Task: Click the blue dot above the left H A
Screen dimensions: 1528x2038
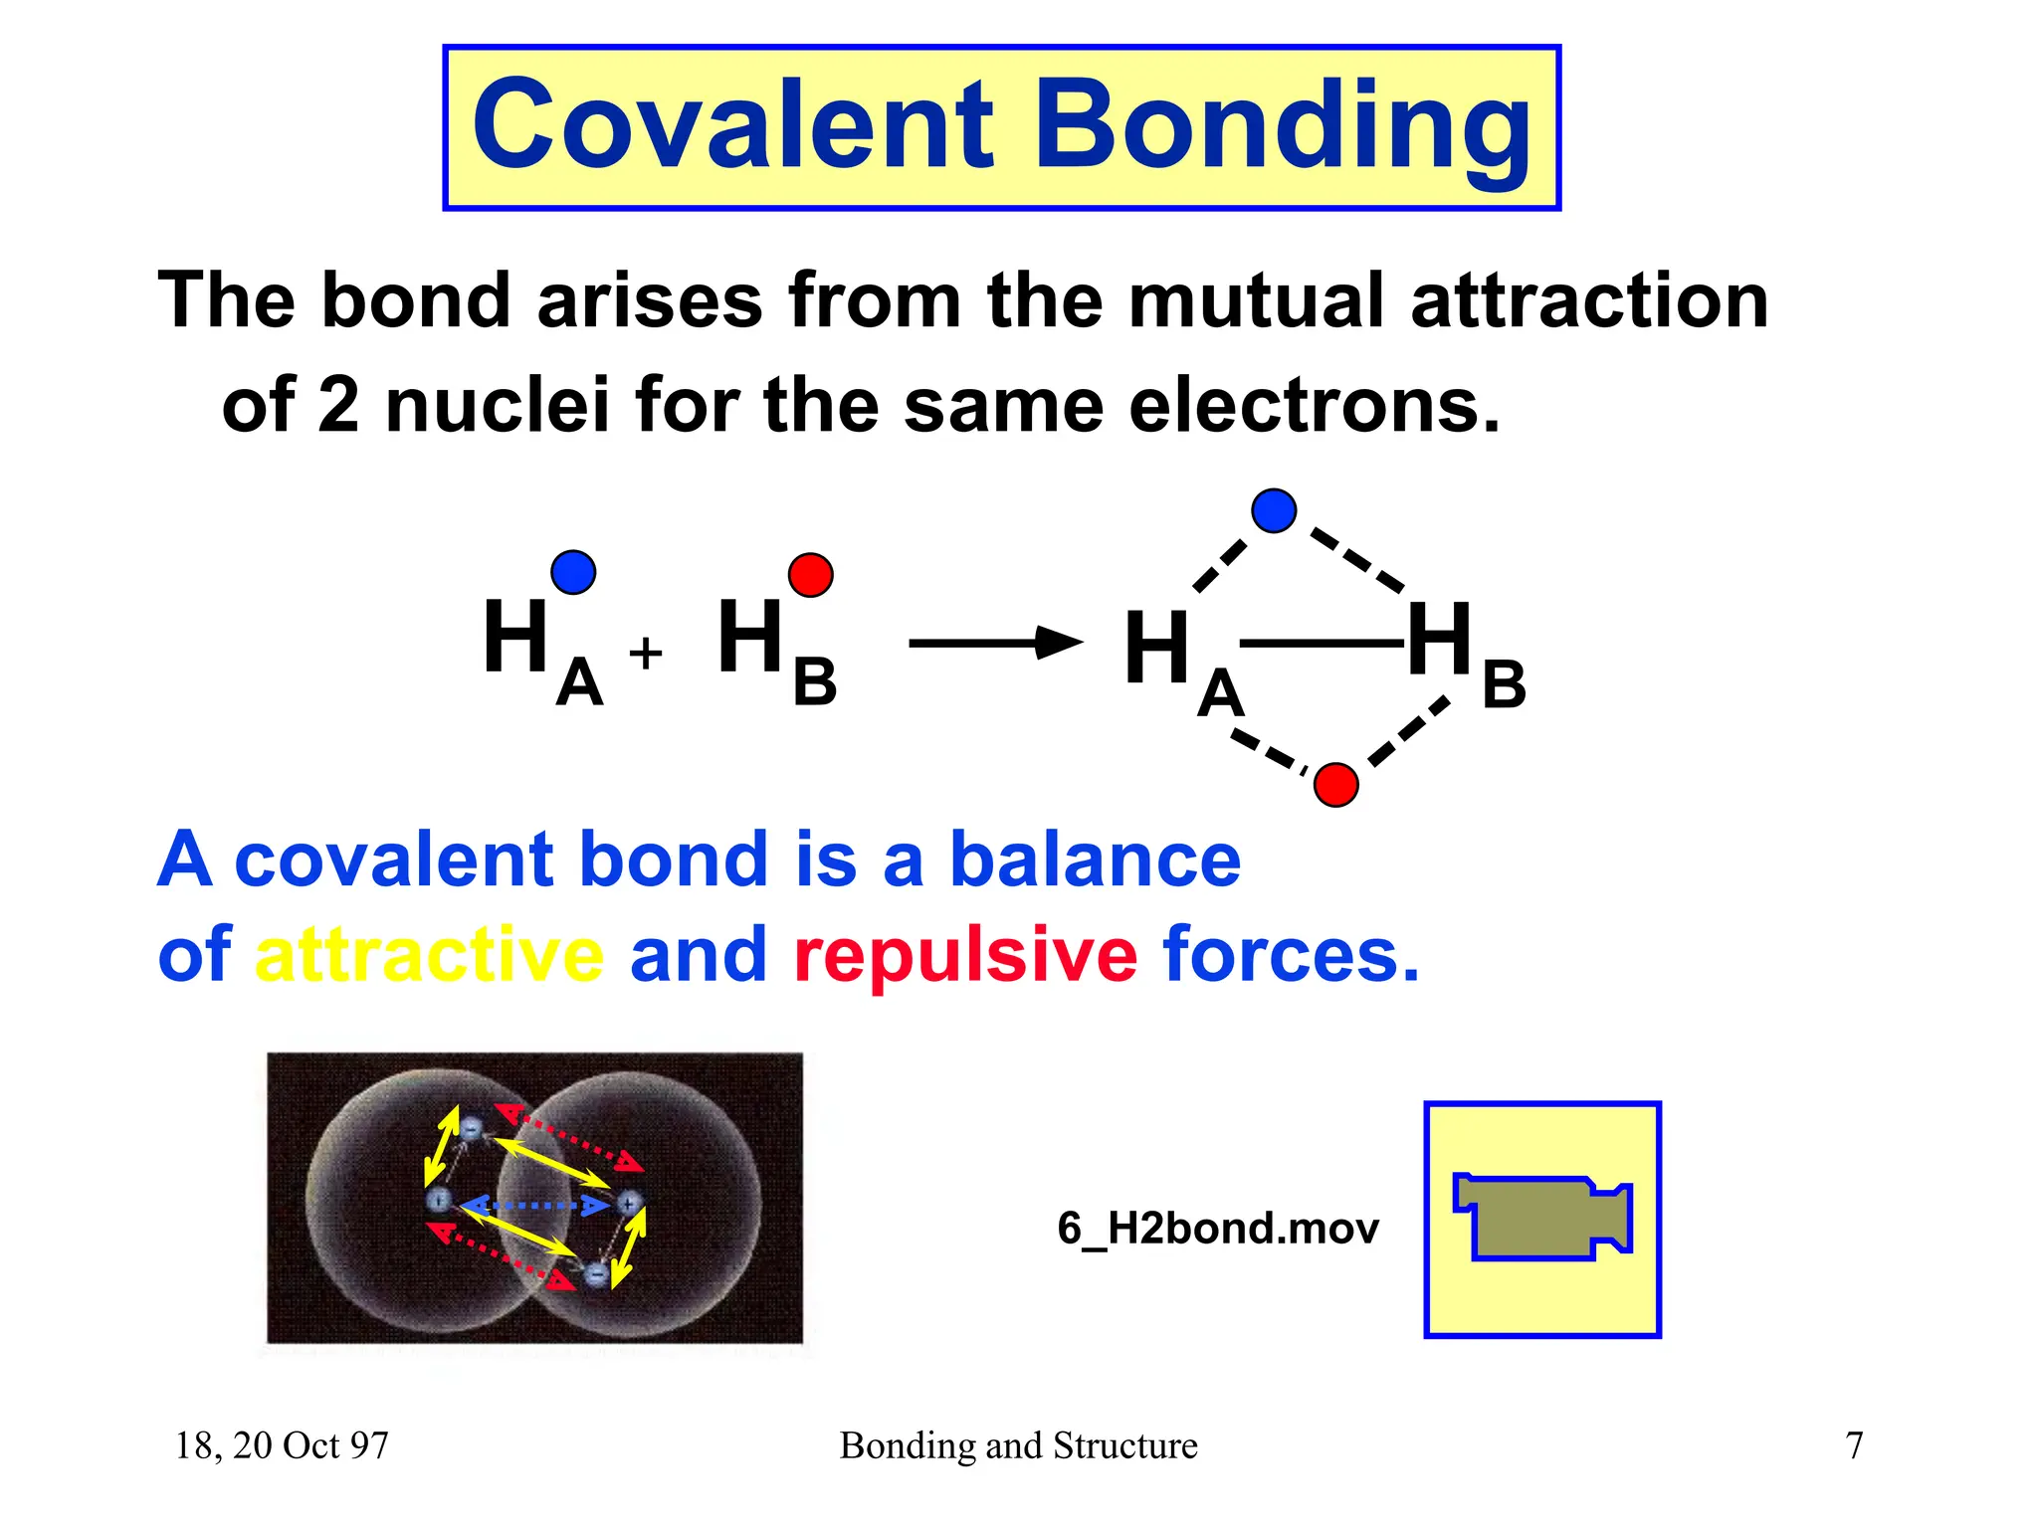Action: [573, 572]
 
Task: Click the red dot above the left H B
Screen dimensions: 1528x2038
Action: [810, 575]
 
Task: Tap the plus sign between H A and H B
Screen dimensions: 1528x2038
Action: [646, 654]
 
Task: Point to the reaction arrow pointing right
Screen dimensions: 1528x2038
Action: [995, 643]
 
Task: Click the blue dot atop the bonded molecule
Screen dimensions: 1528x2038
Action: [1274, 510]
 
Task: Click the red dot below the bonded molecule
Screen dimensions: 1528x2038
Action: [1335, 785]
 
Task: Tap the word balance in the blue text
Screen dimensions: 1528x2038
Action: [1095, 860]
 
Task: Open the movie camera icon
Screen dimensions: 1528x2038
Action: [1542, 1219]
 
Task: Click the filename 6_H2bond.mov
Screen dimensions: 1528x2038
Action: [1218, 1229]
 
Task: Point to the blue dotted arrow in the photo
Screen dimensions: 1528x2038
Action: [534, 1206]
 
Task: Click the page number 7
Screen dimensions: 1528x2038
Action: [1854, 1445]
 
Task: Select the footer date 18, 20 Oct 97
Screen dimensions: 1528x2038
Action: [282, 1445]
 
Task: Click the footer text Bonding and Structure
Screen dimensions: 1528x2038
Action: [1018, 1445]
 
